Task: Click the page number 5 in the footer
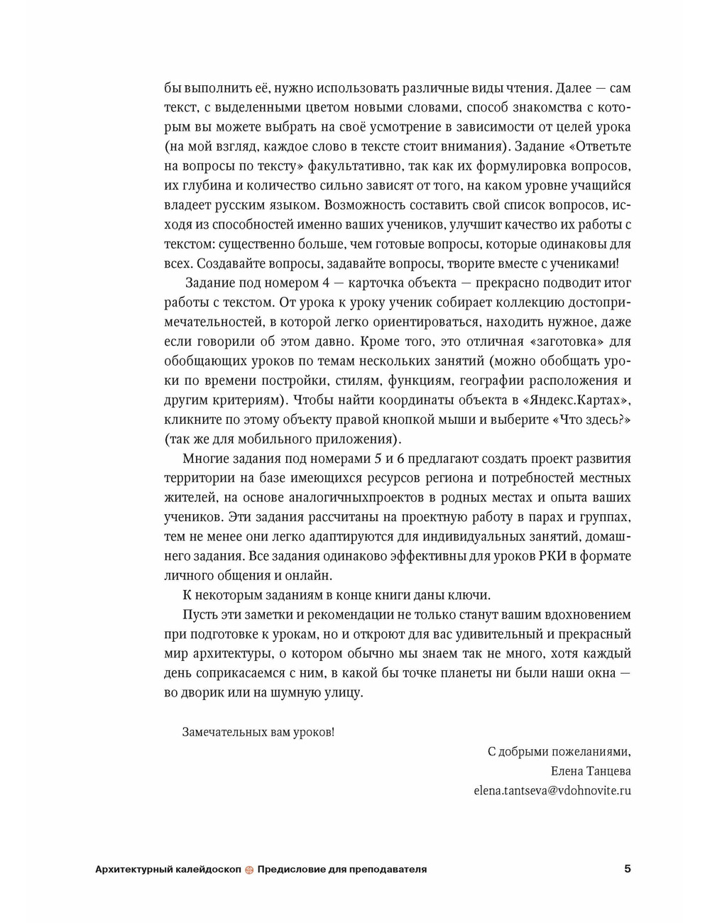coord(627,868)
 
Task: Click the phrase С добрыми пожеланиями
coord(558,751)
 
